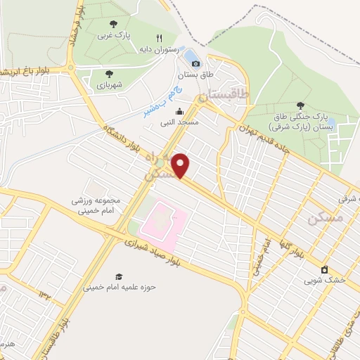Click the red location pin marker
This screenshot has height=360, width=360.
pos(181,166)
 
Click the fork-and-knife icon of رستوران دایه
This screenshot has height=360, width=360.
pos(159,39)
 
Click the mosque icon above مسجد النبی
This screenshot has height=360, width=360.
pos(179,111)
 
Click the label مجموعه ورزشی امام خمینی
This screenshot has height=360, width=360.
pos(96,205)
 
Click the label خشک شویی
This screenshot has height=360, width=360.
pos(325,280)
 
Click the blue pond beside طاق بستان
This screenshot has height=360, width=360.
pos(190,53)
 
